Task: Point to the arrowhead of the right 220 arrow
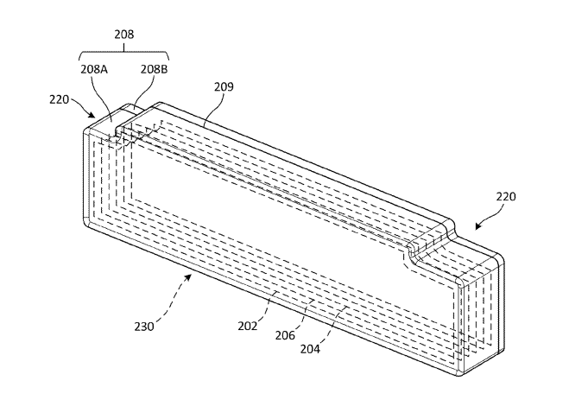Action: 476,228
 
